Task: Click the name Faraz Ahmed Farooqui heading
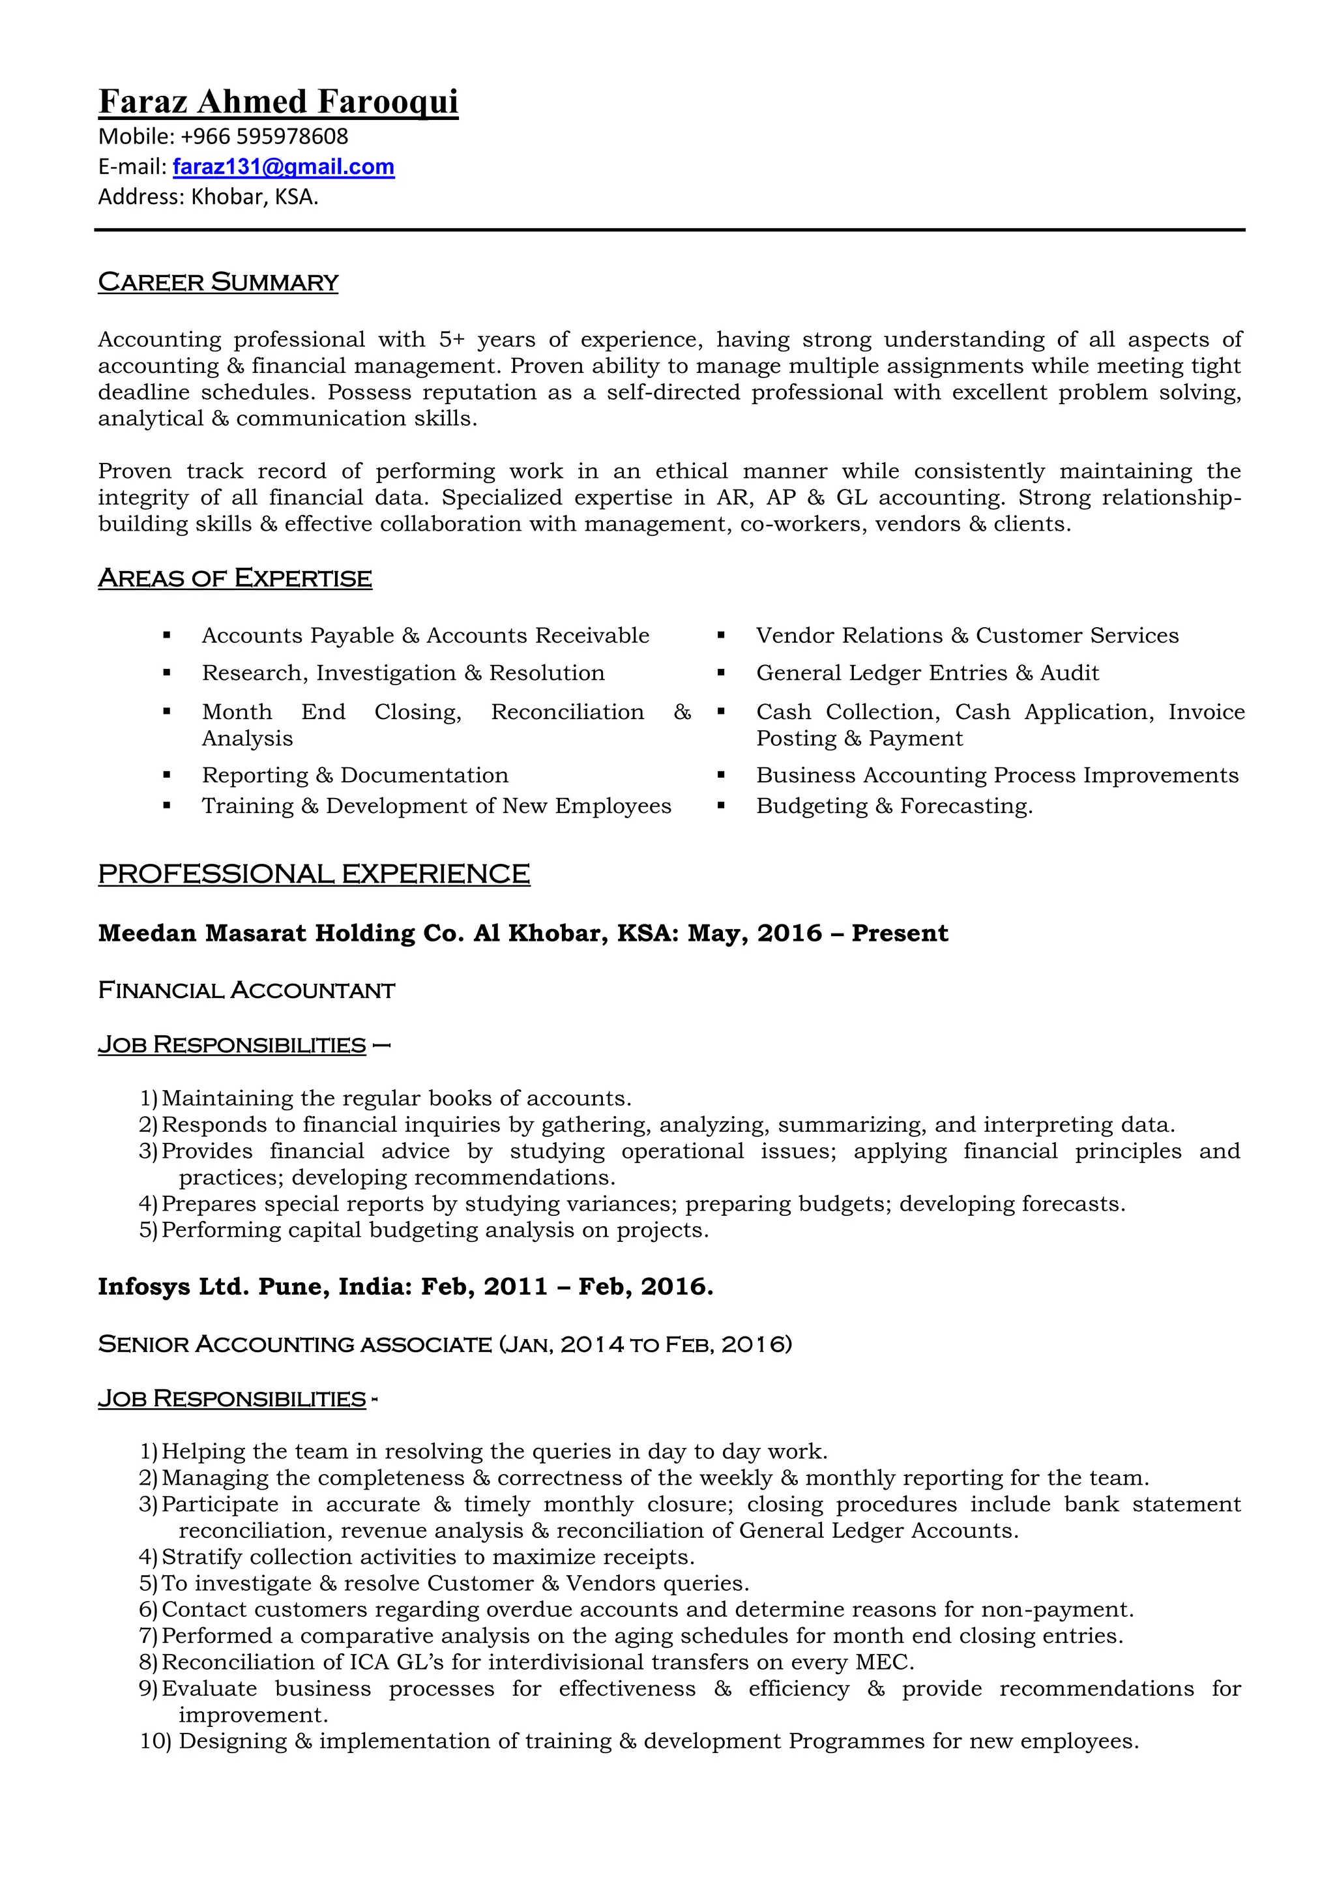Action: [x=278, y=102]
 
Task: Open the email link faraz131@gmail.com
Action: [x=283, y=167]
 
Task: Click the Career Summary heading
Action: [x=218, y=282]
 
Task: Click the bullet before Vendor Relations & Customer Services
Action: [x=721, y=636]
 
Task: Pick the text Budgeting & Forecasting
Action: [x=894, y=806]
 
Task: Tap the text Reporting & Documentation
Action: [x=355, y=775]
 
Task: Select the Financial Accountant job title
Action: [x=246, y=990]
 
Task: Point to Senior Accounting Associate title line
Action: [x=444, y=1344]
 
